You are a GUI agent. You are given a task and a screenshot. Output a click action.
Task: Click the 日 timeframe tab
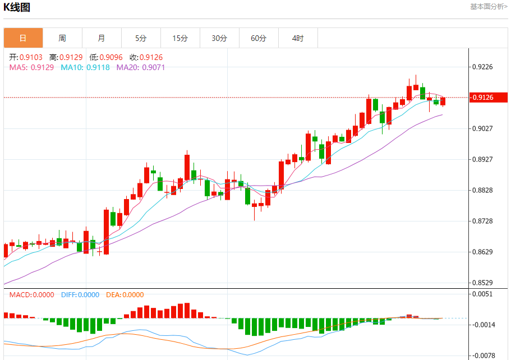coord(23,38)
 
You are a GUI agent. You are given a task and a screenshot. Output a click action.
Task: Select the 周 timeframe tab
coord(62,38)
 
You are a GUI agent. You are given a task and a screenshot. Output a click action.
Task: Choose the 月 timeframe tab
coord(102,38)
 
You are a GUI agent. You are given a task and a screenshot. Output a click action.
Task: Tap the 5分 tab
coord(141,38)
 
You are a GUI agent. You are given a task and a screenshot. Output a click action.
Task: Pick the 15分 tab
coord(180,38)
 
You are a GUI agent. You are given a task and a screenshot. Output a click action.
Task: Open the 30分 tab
coord(219,38)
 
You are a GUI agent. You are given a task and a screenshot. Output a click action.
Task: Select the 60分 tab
coord(259,38)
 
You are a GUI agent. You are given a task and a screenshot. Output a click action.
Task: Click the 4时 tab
coord(298,38)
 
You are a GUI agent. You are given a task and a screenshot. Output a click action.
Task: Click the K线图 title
coord(17,7)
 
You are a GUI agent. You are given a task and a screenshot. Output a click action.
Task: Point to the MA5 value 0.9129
coord(42,67)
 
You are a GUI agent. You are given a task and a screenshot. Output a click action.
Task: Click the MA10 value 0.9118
coord(98,67)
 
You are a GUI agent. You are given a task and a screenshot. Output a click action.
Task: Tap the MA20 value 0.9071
coord(153,67)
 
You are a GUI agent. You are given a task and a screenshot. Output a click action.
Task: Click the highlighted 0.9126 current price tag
coord(483,98)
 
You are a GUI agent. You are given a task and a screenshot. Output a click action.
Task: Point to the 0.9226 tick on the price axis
coord(483,67)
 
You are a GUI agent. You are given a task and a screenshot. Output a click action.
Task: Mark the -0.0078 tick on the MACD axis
coord(483,356)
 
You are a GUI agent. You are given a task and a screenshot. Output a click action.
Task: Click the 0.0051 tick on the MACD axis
coord(483,294)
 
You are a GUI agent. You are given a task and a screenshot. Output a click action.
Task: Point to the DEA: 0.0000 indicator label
coord(125,295)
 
